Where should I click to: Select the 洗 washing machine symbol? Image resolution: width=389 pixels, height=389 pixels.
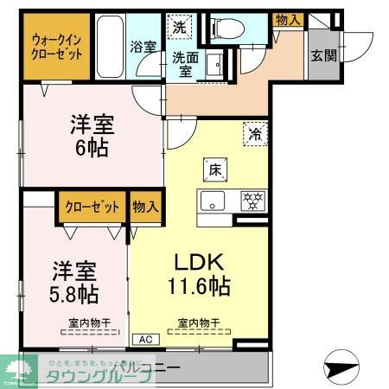tap(180, 28)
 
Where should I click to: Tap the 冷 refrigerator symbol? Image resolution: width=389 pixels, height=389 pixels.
tap(255, 134)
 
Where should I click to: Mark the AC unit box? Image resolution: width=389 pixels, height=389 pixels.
tap(143, 340)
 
